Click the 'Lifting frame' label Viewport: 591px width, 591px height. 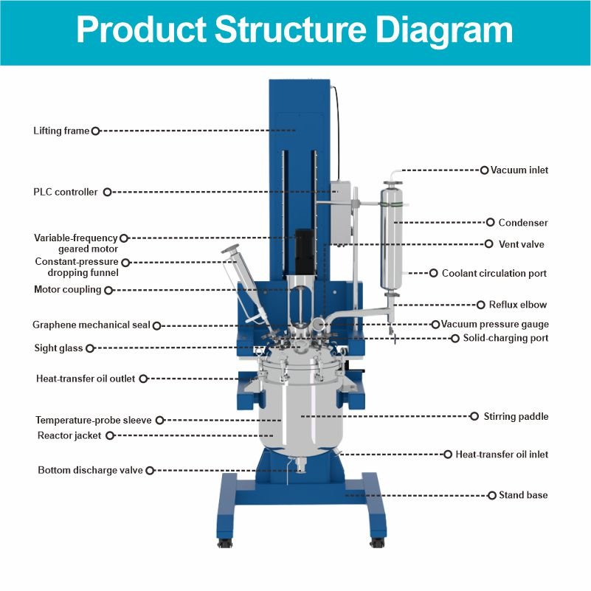pyautogui.click(x=61, y=131)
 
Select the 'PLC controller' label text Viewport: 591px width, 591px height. pyautogui.click(x=65, y=192)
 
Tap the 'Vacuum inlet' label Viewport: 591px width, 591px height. pyautogui.click(x=519, y=170)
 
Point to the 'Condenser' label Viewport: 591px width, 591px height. pyautogui.click(x=523, y=222)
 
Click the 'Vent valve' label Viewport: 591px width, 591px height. pyautogui.click(x=521, y=244)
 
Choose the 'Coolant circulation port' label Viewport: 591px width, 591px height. pyautogui.click(x=494, y=273)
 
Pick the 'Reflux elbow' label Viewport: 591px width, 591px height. pyautogui.click(x=517, y=305)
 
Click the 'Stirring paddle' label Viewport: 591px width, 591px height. pyautogui.click(x=516, y=416)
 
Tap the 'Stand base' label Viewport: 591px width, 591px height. pyautogui.click(x=523, y=495)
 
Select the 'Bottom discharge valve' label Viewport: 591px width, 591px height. pyautogui.click(x=90, y=470)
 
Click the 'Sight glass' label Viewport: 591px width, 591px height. pyautogui.click(x=58, y=348)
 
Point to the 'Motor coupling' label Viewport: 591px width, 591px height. pyautogui.click(x=67, y=289)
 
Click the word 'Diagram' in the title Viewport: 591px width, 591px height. pyautogui.click(x=444, y=30)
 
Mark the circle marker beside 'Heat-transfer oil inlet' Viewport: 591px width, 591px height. pyautogui.click(x=448, y=455)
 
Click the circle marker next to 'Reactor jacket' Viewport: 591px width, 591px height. pyautogui.click(x=110, y=436)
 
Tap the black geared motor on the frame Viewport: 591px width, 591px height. pyautogui.click(x=304, y=252)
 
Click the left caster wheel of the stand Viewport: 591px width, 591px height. pyautogui.click(x=225, y=543)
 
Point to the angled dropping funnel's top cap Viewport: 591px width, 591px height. pyautogui.click(x=230, y=249)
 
